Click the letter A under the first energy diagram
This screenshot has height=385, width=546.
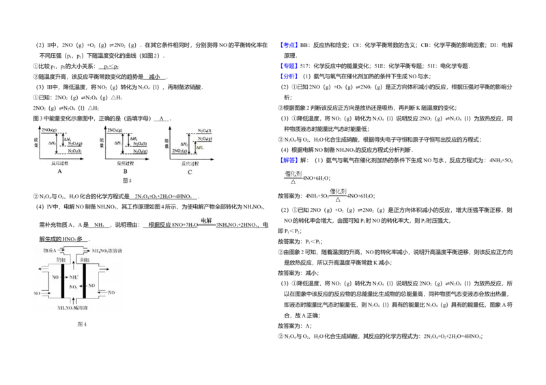(x=59, y=172)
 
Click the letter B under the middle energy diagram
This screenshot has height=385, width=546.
(x=124, y=172)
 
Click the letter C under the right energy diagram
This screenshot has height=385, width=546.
(x=190, y=172)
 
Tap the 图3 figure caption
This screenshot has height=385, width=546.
(x=125, y=181)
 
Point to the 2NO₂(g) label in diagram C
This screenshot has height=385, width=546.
(x=180, y=151)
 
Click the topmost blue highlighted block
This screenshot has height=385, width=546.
(x=289, y=44)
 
